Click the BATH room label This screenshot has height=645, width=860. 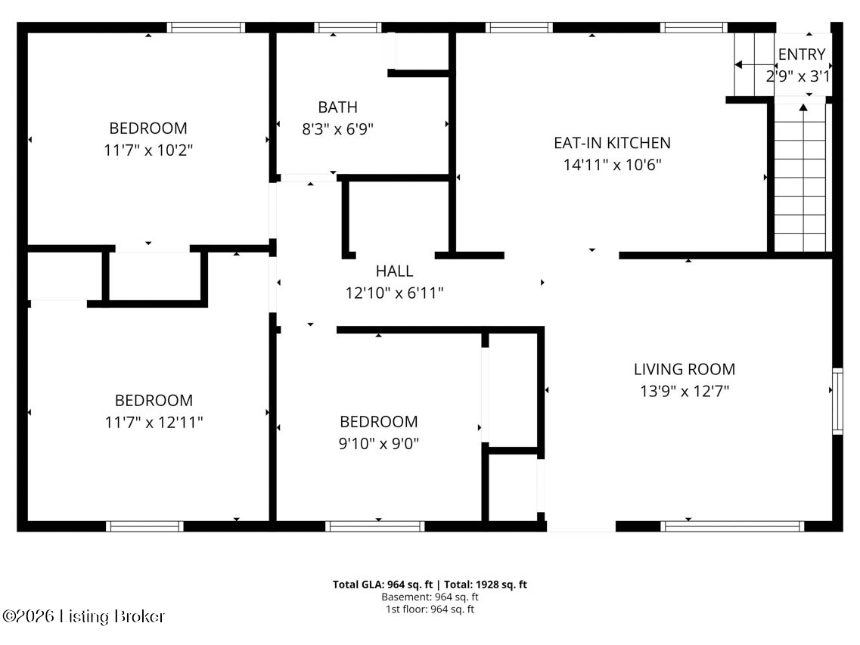click(337, 107)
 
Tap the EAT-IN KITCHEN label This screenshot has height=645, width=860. click(612, 142)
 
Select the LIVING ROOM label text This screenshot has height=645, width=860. click(684, 369)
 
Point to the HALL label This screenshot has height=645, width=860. click(394, 271)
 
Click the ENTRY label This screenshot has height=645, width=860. click(802, 54)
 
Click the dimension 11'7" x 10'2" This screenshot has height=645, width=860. click(148, 150)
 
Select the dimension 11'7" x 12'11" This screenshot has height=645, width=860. click(154, 422)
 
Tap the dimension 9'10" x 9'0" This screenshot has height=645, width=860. click(378, 443)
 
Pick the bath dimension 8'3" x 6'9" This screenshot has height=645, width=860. click(337, 129)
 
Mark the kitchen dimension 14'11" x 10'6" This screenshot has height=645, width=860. click(612, 164)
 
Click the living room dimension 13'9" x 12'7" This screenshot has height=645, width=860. click(684, 391)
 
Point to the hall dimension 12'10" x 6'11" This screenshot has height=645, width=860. click(394, 293)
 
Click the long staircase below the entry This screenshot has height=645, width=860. click(800, 178)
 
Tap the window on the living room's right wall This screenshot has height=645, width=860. click(837, 401)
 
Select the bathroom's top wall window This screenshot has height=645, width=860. click(348, 28)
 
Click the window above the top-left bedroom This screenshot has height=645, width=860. click(206, 28)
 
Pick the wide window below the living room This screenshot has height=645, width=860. click(731, 526)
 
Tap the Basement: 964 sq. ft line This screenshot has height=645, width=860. click(430, 597)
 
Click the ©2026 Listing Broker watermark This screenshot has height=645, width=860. click(83, 616)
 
